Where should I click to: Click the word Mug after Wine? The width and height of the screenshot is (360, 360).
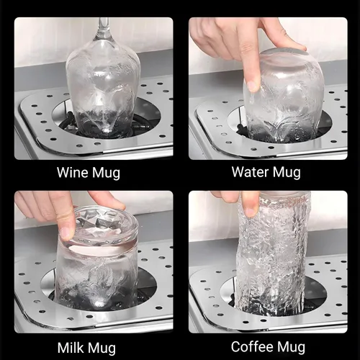106,174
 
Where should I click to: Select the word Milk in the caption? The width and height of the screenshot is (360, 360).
71,347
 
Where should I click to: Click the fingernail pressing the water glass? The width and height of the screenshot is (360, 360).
252,86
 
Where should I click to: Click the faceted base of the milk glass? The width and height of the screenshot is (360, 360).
104,225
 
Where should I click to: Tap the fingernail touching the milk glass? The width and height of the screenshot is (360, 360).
65,233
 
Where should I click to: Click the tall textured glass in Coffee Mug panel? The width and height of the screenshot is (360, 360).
272,253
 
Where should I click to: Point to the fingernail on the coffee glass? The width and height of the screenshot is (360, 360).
250,212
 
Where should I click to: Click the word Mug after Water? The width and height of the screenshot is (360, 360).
287,174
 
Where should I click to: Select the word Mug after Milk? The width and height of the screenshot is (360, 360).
101,348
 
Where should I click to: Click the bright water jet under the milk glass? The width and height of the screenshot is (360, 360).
98,305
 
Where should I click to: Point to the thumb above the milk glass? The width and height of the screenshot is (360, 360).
106,199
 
